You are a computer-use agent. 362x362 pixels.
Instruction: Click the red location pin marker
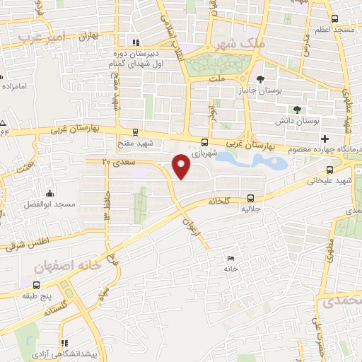coord(182,166)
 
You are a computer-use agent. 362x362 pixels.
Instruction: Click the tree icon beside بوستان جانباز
coord(260,78)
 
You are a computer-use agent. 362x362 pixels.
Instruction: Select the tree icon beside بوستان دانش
coord(296,109)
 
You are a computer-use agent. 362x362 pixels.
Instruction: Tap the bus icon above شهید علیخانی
coord(329,170)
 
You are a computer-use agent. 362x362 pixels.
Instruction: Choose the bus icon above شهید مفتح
coord(134,132)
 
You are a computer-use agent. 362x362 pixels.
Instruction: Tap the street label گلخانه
coord(219,202)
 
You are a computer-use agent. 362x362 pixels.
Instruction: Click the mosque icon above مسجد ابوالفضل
coord(49,194)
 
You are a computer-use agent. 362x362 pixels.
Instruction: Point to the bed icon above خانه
coord(230,259)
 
